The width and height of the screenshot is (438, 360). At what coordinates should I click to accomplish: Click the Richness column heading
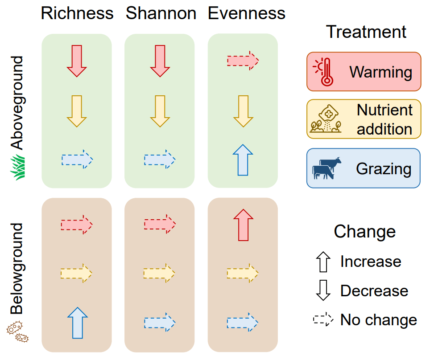pos(77,14)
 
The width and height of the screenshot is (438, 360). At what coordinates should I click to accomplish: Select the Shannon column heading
pos(161,14)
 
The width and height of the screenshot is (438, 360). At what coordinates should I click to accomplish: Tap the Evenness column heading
pos(247,14)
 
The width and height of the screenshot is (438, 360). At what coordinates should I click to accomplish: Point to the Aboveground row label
pos(17,102)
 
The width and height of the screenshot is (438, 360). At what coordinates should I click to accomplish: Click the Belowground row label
pos(17,269)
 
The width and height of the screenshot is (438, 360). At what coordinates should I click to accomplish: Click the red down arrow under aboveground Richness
pos(77,61)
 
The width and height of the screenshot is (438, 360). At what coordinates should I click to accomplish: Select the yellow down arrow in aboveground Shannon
pos(160,111)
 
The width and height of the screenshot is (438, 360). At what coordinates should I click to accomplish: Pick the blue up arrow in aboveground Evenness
pos(243,160)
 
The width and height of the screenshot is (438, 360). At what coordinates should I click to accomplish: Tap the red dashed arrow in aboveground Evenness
pos(243,60)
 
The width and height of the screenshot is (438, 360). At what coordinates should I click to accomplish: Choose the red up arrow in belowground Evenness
pos(243,225)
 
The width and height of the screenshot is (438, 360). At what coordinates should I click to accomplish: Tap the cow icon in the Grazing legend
pos(326,168)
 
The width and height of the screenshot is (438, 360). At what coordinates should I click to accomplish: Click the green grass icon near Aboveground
pos(18,168)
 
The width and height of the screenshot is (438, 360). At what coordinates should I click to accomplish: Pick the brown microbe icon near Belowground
pos(18,331)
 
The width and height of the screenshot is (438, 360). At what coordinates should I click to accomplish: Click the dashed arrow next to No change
pos(323,319)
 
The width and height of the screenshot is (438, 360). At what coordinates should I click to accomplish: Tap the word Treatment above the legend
pos(366,32)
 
